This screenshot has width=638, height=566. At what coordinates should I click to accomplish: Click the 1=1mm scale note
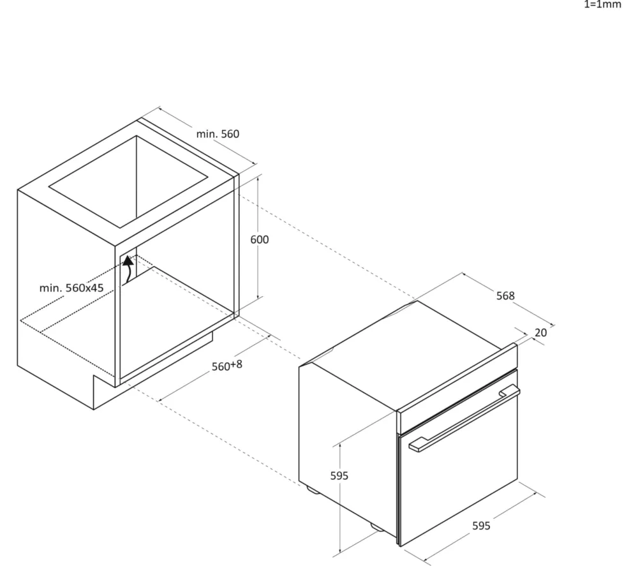point(603,4)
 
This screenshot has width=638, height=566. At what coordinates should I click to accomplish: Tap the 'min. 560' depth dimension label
point(218,134)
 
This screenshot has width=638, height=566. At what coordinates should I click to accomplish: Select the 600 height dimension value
point(259,240)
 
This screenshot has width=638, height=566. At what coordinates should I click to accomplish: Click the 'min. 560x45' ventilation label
point(71,288)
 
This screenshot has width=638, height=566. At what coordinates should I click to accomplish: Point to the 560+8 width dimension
point(226,366)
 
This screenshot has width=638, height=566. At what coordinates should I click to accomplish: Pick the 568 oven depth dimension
point(505,296)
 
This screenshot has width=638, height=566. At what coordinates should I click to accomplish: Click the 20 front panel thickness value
point(541,333)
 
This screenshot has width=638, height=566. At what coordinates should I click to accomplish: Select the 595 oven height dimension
point(339,475)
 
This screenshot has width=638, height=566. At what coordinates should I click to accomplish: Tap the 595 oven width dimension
point(481,526)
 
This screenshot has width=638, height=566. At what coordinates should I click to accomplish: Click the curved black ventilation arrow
point(128,269)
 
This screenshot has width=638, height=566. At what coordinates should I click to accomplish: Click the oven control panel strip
point(457,389)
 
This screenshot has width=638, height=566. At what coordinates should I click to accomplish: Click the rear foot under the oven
point(313,489)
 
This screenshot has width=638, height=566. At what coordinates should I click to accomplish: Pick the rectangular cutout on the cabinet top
point(128,181)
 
